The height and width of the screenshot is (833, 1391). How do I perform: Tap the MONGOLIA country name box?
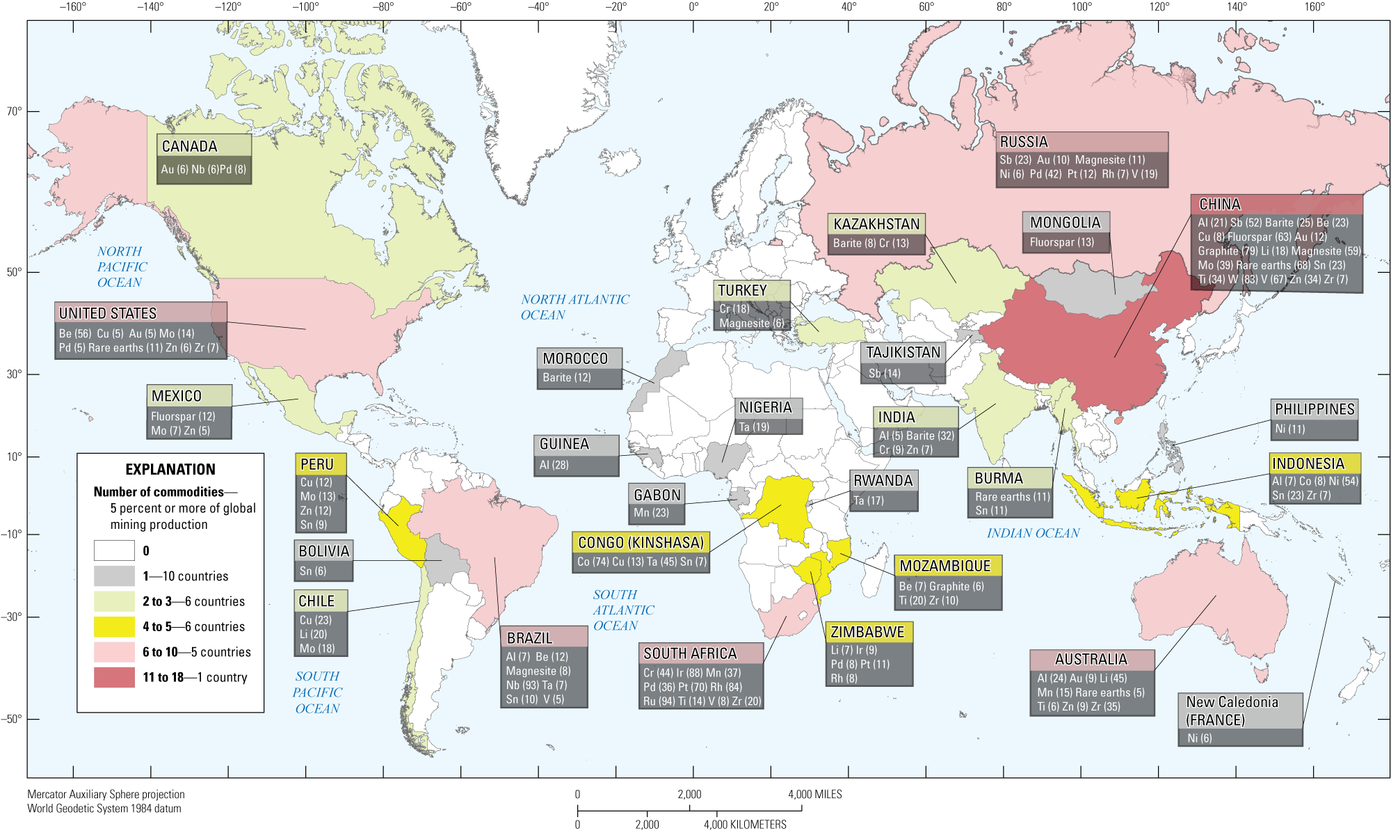tap(1065, 223)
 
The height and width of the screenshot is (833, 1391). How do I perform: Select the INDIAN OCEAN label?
tap(1033, 533)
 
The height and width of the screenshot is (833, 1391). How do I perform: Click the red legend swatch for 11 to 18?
tap(114, 677)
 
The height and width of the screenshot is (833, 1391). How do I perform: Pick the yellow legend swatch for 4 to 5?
tap(114, 626)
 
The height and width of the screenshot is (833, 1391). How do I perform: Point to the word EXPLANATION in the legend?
tap(170, 469)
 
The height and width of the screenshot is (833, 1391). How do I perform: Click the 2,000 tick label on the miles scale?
tap(689, 794)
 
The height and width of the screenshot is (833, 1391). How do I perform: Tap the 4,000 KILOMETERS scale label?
tap(744, 825)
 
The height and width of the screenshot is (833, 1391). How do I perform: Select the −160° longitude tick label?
tap(72, 7)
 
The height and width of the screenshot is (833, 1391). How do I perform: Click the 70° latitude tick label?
tap(14, 111)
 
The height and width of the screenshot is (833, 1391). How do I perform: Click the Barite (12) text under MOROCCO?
tap(566, 377)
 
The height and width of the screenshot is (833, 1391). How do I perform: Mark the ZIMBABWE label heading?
tap(867, 632)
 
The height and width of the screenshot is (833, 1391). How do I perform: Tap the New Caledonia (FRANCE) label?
tap(1232, 711)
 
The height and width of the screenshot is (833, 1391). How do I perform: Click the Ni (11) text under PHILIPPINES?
tap(1289, 429)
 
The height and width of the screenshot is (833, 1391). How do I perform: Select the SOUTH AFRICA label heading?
tap(689, 653)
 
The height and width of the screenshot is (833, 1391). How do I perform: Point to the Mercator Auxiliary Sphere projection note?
tap(106, 794)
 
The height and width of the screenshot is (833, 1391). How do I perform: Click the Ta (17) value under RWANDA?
tap(869, 500)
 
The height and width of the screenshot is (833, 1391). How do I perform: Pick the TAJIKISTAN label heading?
tap(903, 352)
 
